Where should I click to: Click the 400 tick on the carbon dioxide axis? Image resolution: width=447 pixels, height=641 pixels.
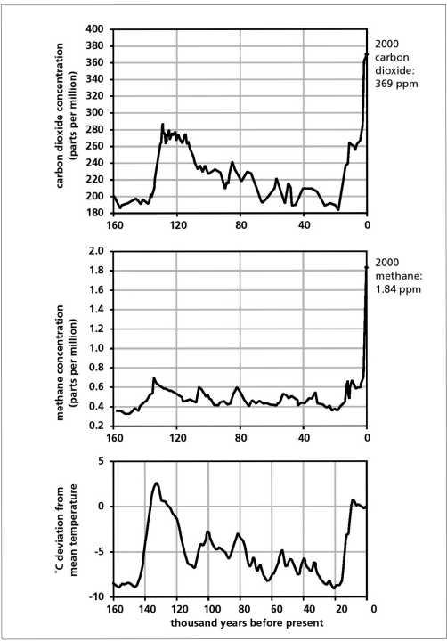coord(94,29)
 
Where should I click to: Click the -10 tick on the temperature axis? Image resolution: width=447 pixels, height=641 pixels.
coord(96,597)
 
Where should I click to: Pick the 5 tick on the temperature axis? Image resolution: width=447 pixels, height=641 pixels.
coord(101,461)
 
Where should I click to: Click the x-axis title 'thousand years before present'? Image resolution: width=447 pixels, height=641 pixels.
coord(247,623)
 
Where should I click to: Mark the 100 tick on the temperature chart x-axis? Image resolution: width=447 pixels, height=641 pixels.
coord(209,609)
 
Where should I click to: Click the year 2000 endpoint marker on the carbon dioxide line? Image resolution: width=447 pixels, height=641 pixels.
coord(367,54)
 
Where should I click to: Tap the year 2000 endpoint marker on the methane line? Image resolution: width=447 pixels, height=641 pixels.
coord(367,267)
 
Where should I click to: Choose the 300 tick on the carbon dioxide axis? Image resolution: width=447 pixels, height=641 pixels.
coord(94,113)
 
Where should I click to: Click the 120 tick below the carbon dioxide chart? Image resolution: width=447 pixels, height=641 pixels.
coord(178,225)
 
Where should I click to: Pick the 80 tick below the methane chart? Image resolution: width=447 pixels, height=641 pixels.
coord(241,438)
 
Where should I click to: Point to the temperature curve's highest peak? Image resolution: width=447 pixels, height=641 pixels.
coord(156,483)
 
